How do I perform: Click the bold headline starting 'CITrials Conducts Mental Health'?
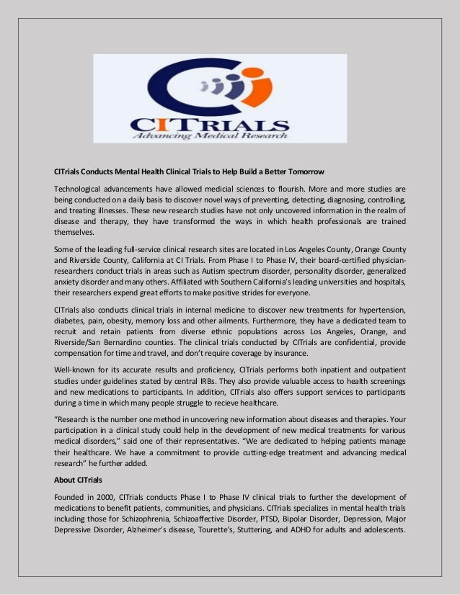[190, 172]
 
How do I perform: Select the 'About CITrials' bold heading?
[79, 479]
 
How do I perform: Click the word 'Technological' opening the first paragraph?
[80, 189]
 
